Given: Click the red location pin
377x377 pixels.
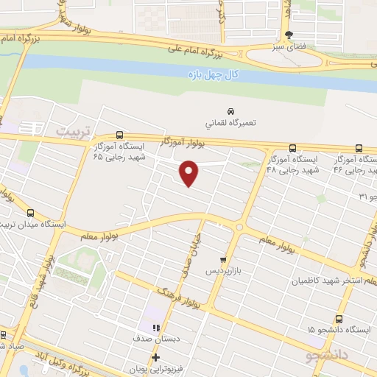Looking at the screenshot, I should pos(189,174).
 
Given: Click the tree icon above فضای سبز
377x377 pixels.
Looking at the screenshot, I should pos(289,35).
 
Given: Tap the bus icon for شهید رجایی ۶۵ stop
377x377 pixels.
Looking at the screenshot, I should pos(119,136).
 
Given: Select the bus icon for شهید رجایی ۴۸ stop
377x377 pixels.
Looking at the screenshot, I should pos(293,148).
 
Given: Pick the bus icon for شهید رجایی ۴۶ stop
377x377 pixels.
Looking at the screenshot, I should pos(359,148).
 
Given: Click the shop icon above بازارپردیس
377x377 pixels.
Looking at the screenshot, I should pos(222,260).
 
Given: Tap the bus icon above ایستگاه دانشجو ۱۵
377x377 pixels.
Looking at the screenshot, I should pos(339,319).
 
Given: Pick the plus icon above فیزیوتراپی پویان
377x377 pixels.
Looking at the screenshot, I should pos(156,358).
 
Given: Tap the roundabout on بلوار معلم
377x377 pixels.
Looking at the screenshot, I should pos(240,227).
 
